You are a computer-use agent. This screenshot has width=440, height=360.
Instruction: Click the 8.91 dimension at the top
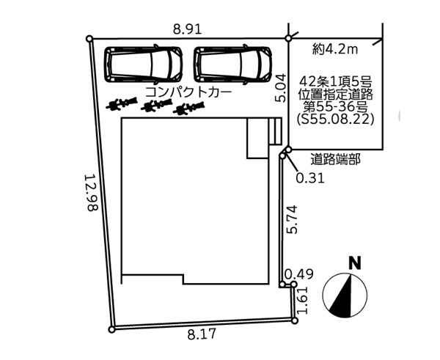[x=188, y=29]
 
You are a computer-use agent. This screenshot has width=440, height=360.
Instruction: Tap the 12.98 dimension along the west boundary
[x=91, y=193]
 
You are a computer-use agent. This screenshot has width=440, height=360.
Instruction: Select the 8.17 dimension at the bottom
[x=202, y=334]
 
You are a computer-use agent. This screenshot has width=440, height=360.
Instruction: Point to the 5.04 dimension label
[x=280, y=88]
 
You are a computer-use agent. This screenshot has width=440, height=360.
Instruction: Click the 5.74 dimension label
[x=291, y=219]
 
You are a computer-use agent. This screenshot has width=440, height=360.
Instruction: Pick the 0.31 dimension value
[x=310, y=178]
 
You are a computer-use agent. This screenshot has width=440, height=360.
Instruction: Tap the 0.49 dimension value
[x=299, y=274]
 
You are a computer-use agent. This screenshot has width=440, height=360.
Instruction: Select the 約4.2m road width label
[x=335, y=50]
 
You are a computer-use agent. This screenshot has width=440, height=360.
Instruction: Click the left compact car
[x=143, y=65]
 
